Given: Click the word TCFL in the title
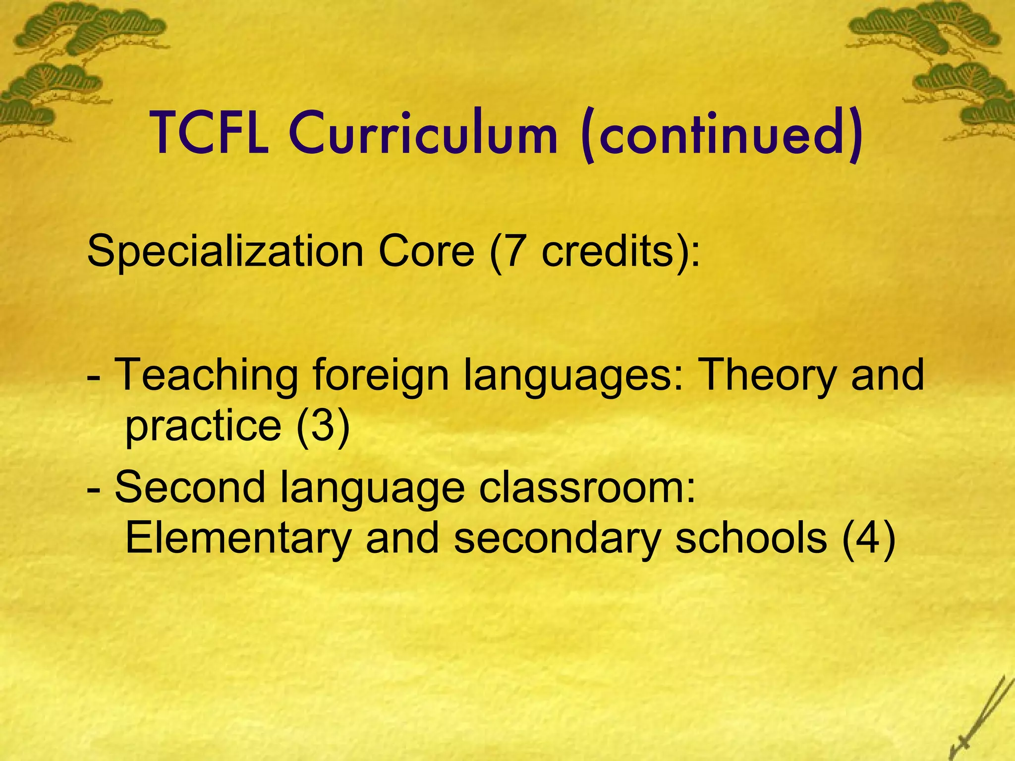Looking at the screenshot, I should coord(210,133).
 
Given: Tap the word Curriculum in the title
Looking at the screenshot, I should coord(424,133).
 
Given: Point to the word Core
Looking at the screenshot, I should coord(426,252).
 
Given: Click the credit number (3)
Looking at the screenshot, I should coord(323,426).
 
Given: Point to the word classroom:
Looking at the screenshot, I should coord(588,488).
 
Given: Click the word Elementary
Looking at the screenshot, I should coord(238,539).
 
